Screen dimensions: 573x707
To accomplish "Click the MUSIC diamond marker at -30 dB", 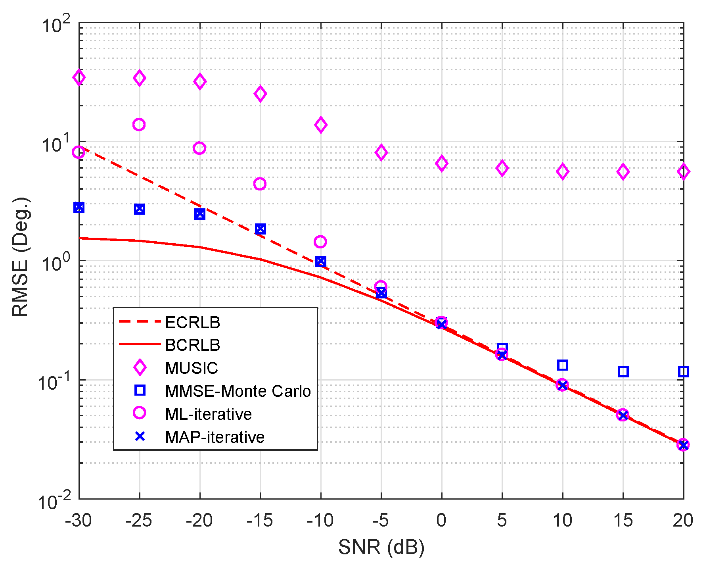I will (79, 77).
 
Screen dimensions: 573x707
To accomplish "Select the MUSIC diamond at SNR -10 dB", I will (321, 125).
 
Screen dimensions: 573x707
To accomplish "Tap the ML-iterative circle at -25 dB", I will (139, 125).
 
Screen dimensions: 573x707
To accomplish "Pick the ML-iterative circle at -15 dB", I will (260, 184).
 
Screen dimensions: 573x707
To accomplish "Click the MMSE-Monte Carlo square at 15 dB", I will (623, 372).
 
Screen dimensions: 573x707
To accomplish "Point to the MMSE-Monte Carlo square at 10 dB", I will (562, 365).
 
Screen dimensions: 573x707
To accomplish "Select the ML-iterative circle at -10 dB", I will (320, 242).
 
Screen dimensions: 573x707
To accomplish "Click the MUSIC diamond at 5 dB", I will (502, 168).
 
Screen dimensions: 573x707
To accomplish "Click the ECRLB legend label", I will (192, 323).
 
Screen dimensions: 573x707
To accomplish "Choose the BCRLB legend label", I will (192, 345).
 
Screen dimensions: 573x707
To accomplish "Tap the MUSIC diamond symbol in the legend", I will (140, 368).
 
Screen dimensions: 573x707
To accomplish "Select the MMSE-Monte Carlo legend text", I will (238, 391).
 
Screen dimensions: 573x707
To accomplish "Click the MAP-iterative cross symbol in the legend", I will (140, 437).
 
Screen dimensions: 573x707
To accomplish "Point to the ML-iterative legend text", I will (208, 414).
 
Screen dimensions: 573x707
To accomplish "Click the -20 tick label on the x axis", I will (199, 520).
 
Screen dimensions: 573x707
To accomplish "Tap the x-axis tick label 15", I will (623, 520).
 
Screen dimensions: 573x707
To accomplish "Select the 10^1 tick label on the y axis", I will (56, 144).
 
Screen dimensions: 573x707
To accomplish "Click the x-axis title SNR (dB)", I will (381, 548).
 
